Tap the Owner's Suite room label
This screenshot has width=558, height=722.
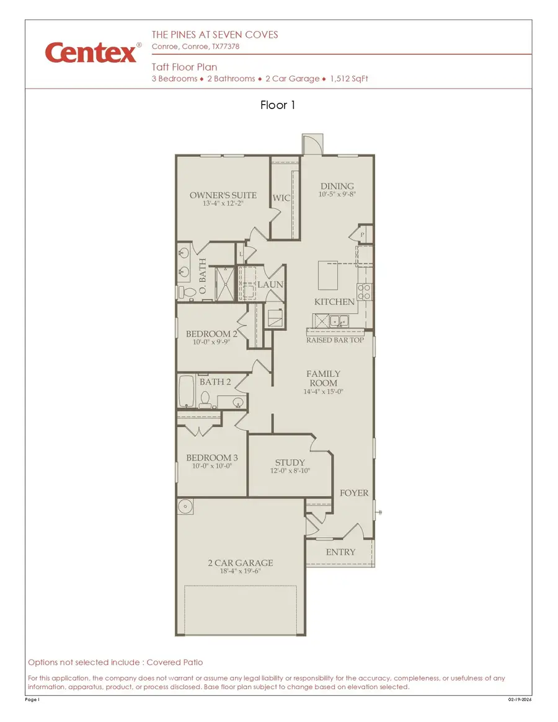point(223,195)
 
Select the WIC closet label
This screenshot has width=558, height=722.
point(281,198)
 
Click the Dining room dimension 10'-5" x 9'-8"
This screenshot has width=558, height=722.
point(337,195)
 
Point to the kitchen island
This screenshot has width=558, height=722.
point(329,275)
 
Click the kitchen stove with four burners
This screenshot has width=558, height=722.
point(363,291)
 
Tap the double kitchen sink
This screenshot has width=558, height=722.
point(338,321)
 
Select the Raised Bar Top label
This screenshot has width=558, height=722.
point(335,340)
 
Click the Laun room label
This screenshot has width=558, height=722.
point(270,284)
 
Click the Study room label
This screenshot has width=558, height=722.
point(290,462)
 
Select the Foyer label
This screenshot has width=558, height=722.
point(354,493)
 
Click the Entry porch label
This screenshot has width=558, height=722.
point(340,552)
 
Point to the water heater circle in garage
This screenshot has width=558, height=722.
point(185,506)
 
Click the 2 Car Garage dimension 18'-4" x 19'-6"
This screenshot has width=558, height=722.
point(240,571)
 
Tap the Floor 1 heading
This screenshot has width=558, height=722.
point(278,105)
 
